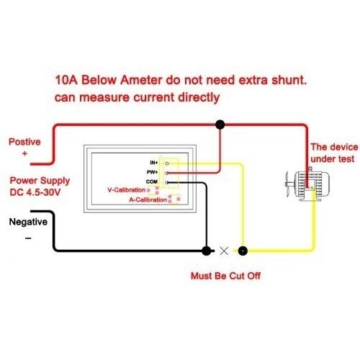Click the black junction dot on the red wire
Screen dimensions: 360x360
click(220, 125)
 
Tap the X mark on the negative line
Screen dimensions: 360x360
click(224, 251)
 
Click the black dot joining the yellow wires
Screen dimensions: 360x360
click(243, 251)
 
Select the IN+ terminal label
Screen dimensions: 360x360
click(154, 163)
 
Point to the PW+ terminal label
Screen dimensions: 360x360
click(152, 172)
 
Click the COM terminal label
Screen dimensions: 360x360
click(152, 181)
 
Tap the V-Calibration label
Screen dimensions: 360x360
click(127, 190)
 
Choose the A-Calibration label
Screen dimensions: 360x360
click(148, 199)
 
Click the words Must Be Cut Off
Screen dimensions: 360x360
click(225, 276)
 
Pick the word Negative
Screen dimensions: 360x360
click(28, 222)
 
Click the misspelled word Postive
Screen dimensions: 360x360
click(24, 142)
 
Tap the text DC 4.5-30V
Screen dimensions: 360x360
click(35, 192)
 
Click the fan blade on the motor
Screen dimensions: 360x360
click(287, 184)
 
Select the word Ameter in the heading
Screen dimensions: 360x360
click(141, 80)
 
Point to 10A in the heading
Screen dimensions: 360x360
click(66, 80)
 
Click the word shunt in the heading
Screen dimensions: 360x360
click(289, 80)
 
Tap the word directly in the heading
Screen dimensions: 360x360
click(199, 98)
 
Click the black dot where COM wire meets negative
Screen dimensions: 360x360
click(207, 251)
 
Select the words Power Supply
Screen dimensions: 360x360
click(40, 181)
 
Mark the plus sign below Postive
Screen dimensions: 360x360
click(24, 153)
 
